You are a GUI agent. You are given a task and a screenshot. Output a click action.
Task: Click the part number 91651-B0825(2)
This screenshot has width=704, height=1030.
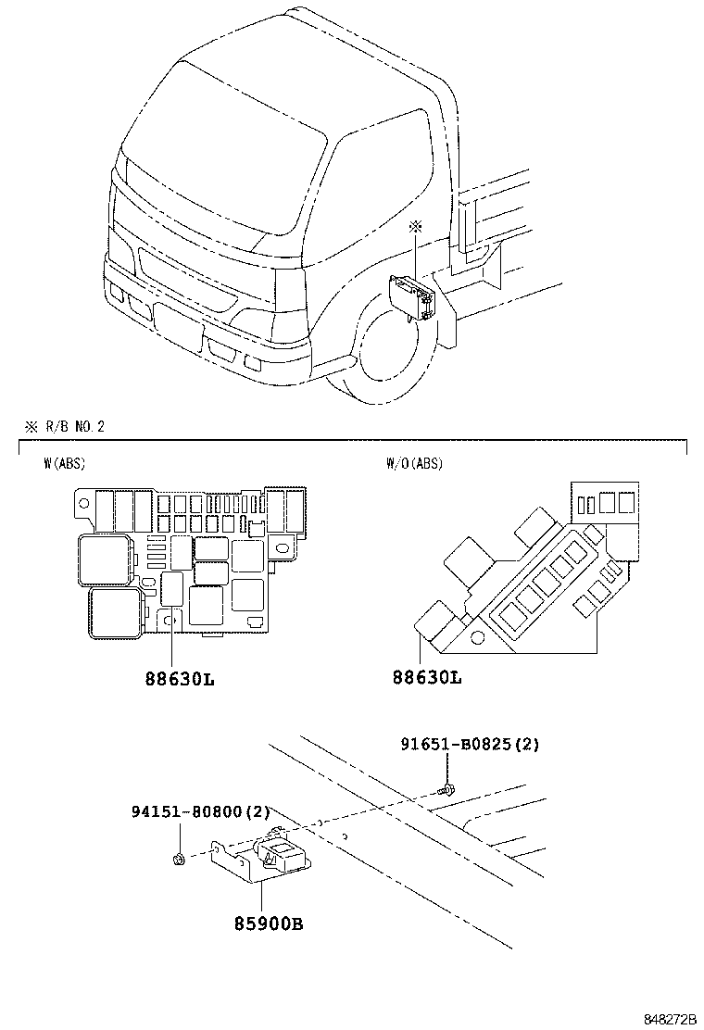pyautogui.click(x=470, y=744)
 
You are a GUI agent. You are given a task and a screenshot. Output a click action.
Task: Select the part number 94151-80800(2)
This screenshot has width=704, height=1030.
pyautogui.click(x=200, y=812)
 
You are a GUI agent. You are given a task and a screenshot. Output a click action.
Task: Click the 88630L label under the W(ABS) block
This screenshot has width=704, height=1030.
pyautogui.click(x=179, y=678)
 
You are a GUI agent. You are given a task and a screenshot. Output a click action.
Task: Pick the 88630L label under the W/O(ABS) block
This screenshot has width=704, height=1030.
pyautogui.click(x=426, y=678)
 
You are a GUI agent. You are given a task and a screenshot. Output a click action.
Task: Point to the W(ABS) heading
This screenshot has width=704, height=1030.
pyautogui.click(x=64, y=463)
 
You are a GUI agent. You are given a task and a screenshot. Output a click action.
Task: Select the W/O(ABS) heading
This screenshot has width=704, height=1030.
pyautogui.click(x=414, y=463)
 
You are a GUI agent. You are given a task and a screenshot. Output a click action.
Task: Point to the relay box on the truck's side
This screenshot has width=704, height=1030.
pyautogui.click(x=413, y=296)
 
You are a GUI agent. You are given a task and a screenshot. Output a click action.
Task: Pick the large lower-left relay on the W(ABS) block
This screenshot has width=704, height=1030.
pyautogui.click(x=116, y=614)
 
